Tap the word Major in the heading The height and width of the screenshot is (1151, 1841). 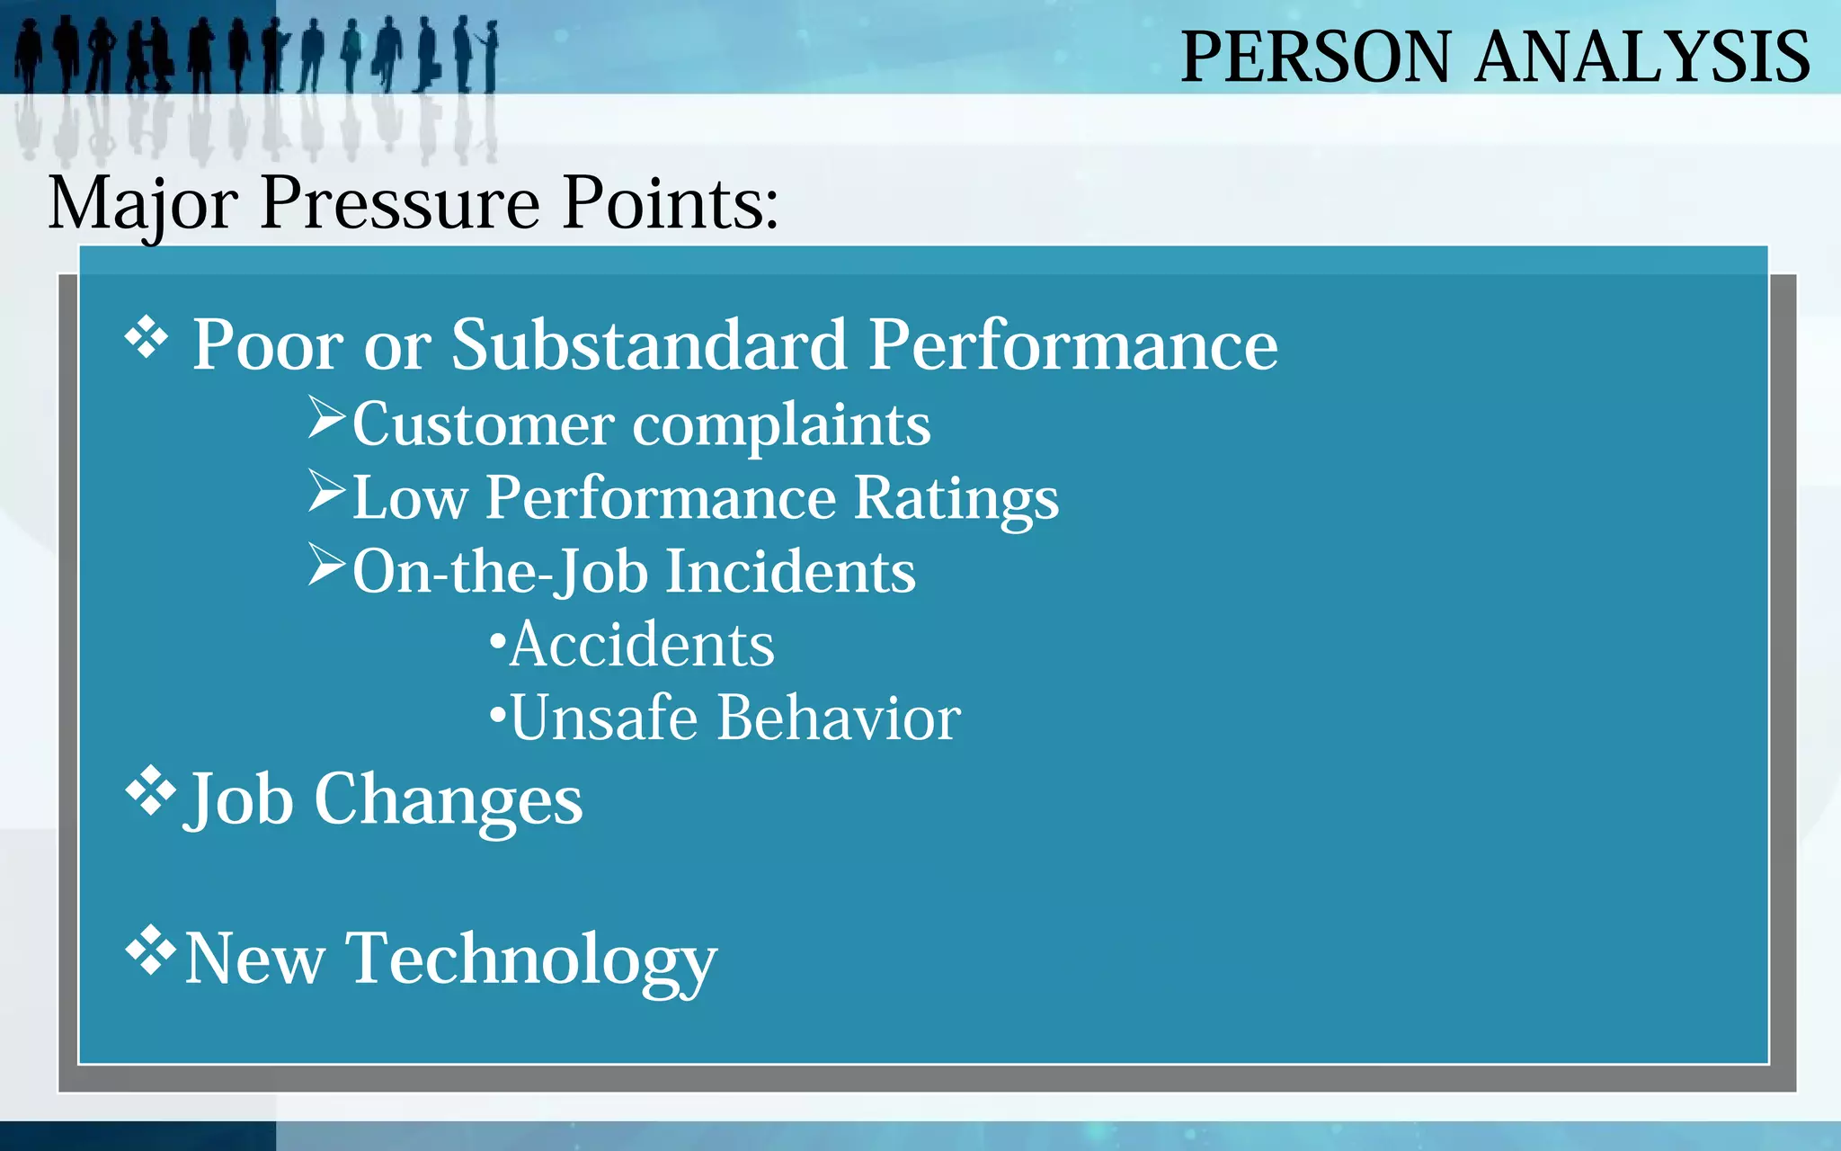tap(142, 204)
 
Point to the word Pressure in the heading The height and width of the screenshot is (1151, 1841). tap(400, 204)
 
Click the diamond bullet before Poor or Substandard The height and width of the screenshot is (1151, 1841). tap(147, 339)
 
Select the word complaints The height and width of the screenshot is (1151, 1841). tap(781, 425)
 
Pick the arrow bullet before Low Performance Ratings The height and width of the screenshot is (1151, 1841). tap(326, 491)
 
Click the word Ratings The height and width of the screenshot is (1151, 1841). tap(956, 499)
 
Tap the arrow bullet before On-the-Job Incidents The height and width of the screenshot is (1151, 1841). tap(326, 565)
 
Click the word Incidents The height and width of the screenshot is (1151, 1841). tap(790, 572)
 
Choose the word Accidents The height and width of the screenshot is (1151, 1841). tap(641, 645)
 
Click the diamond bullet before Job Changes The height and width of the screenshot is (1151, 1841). tap(149, 790)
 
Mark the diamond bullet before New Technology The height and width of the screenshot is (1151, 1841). tap(149, 950)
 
